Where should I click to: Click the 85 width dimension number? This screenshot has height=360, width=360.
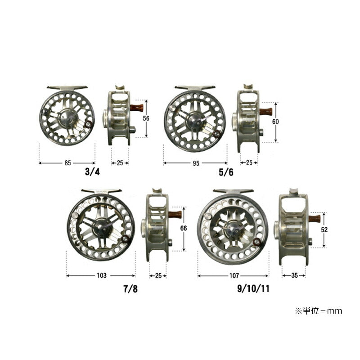(68, 163)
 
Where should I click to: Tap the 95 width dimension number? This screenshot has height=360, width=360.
(196, 163)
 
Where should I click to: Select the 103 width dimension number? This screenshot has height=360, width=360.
(102, 275)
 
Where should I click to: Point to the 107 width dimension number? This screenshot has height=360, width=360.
(234, 275)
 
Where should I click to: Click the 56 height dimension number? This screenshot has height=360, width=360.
(146, 118)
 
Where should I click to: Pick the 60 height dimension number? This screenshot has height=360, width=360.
(275, 121)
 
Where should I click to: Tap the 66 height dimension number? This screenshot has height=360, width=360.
(184, 228)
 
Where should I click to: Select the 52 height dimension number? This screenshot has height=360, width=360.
(324, 229)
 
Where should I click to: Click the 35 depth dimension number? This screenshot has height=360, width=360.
(295, 275)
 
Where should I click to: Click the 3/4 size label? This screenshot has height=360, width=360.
(93, 172)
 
